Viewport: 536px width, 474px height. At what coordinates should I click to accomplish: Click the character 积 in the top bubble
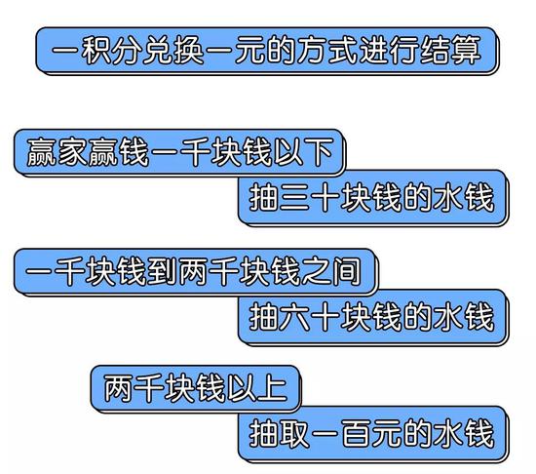point(96,51)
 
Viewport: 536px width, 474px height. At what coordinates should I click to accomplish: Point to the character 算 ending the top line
point(466,51)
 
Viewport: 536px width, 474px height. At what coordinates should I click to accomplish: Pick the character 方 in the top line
point(312,51)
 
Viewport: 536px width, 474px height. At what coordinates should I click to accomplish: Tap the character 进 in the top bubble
point(373,51)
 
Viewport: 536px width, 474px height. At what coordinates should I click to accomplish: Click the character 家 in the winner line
point(72,152)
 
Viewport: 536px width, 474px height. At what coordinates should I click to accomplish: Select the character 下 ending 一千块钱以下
point(318,152)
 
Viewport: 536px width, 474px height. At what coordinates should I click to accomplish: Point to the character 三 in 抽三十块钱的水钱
point(294,197)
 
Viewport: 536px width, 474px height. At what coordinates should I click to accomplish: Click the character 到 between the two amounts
point(163,272)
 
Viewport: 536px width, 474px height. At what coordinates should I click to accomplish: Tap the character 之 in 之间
point(316,272)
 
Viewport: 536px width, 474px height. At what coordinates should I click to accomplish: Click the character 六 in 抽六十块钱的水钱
point(294,317)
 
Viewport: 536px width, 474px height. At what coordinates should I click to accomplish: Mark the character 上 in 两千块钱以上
point(272,388)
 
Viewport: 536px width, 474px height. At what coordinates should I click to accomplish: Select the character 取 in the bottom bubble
point(294,434)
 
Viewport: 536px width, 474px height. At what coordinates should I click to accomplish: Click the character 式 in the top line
point(342,51)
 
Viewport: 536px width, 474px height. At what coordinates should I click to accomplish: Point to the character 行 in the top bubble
point(404,51)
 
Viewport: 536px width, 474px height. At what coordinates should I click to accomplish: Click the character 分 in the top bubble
point(127,51)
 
